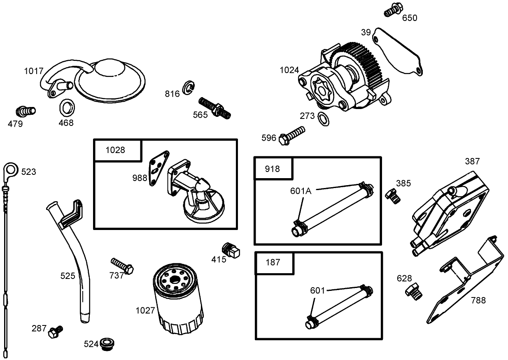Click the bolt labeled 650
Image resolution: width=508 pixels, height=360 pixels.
pos(393,11)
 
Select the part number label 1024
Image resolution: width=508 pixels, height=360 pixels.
pos(289,70)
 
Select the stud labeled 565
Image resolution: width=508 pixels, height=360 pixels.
pos(214,107)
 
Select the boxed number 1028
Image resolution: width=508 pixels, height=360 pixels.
pos(115,150)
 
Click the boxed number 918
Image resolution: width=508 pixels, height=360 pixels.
pos(273,169)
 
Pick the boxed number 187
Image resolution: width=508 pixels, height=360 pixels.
pos(273,262)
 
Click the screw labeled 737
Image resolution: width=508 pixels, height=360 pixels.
pos(122,266)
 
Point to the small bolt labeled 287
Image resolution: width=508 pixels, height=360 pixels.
pos(54,332)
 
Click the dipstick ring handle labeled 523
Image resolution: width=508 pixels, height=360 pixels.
pos(10,169)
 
